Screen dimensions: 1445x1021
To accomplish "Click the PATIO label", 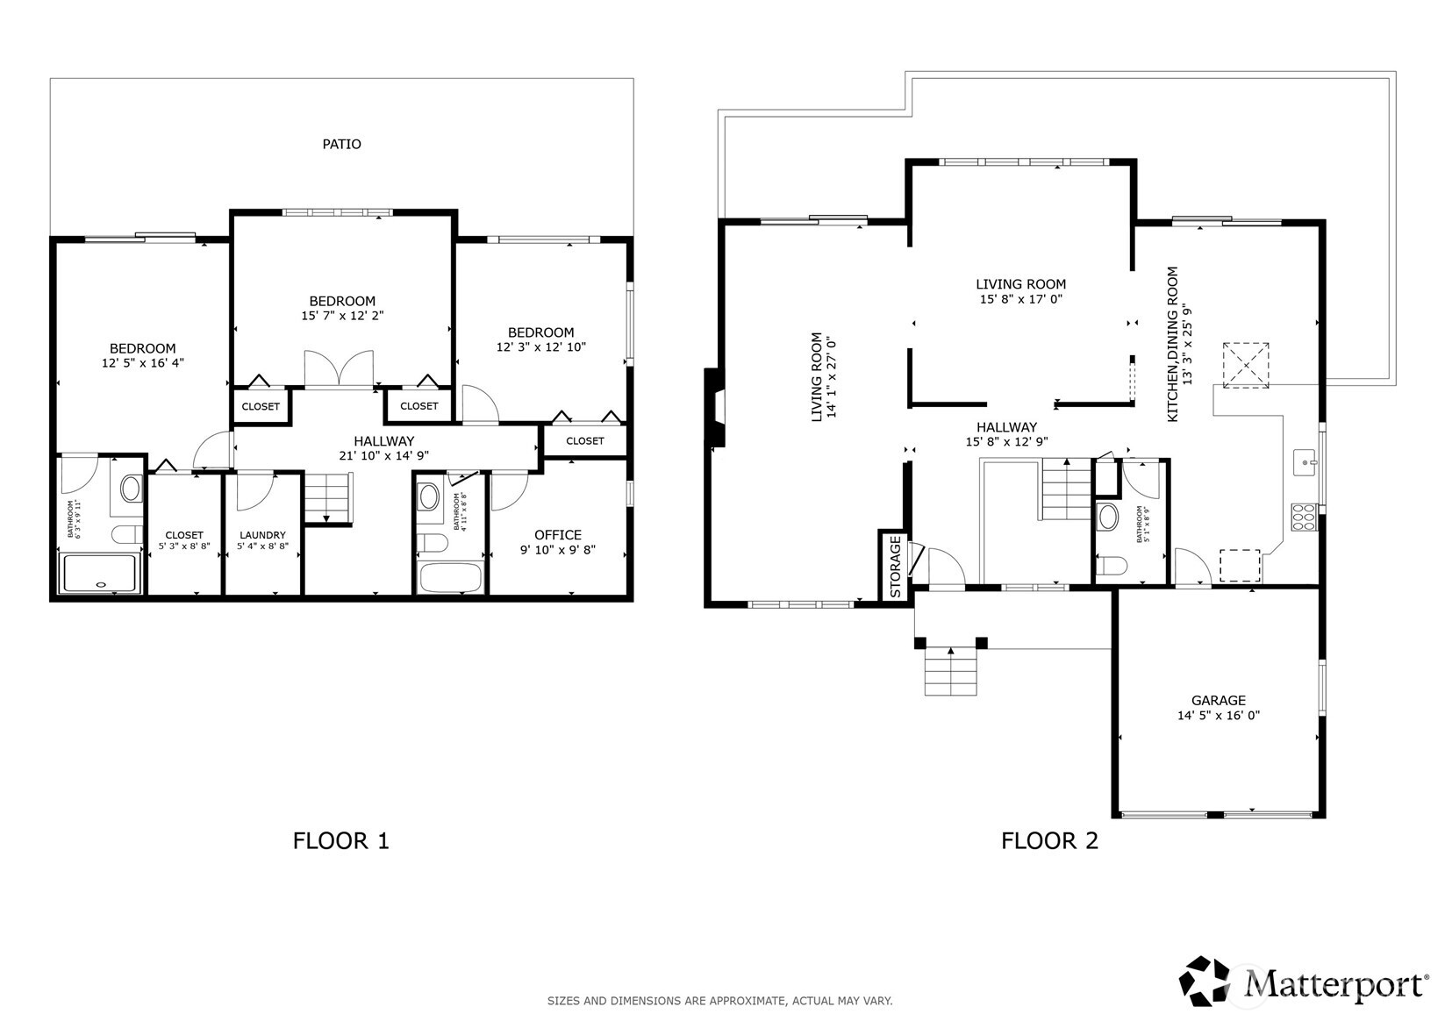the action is [x=342, y=144].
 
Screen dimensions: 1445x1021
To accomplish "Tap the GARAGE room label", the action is [x=1219, y=701].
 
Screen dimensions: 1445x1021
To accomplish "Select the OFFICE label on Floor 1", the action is [x=558, y=535].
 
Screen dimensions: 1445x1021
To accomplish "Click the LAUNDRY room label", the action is [x=262, y=535].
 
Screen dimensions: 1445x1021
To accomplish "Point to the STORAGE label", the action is [x=896, y=567].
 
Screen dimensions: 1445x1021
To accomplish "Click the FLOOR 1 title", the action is [x=341, y=841].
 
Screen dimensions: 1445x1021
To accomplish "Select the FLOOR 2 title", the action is [x=1049, y=841].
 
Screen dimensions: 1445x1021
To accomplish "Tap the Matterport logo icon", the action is [x=1205, y=982].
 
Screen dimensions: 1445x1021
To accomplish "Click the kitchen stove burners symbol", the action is [x=1304, y=518].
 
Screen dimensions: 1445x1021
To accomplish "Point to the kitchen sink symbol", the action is [x=1305, y=463].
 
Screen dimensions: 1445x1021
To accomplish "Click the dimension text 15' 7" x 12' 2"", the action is [x=342, y=316].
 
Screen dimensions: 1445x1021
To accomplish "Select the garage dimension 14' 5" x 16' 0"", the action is [x=1219, y=715].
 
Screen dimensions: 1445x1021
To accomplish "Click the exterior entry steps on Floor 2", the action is [x=951, y=671].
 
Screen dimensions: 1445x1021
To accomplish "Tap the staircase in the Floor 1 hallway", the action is [x=328, y=497].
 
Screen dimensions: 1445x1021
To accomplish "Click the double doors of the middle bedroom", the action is [x=340, y=369].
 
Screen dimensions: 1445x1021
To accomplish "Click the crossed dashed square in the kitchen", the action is [x=1246, y=365].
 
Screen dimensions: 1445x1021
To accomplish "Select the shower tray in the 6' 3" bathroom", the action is [x=100, y=573].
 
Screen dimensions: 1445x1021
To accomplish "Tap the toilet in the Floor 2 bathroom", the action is [x=1112, y=566].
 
